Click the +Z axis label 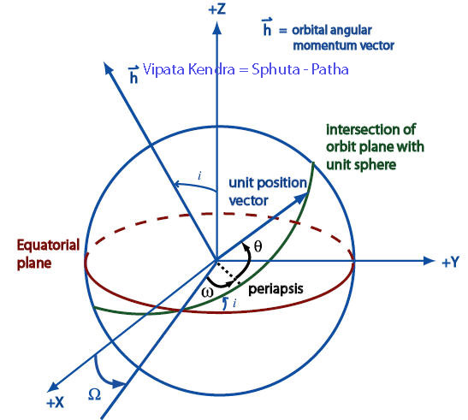tap(217, 9)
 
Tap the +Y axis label tap(450, 262)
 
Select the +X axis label tap(56, 403)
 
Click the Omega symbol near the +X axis tap(95, 394)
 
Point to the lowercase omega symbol tap(207, 293)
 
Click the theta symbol tap(258, 246)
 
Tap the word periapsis tap(275, 289)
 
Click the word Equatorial tap(48, 245)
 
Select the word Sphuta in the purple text tap(275, 70)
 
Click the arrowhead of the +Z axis tap(217, 28)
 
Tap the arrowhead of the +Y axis tap(429, 261)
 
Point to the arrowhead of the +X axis tap(53, 387)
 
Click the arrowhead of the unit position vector tap(301, 198)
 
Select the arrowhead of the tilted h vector tap(108, 67)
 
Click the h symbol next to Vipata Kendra tap(133, 74)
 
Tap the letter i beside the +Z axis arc tap(199, 176)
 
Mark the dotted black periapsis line tap(228, 272)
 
